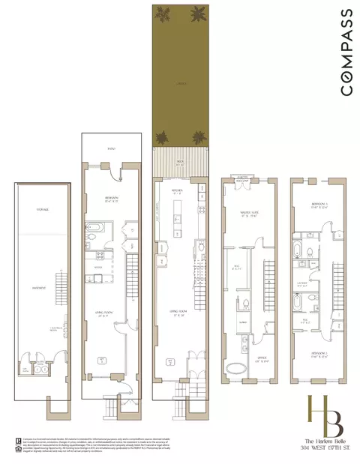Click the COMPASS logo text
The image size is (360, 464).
tap(346, 52)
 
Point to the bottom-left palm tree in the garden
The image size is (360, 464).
tap(162, 137)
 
